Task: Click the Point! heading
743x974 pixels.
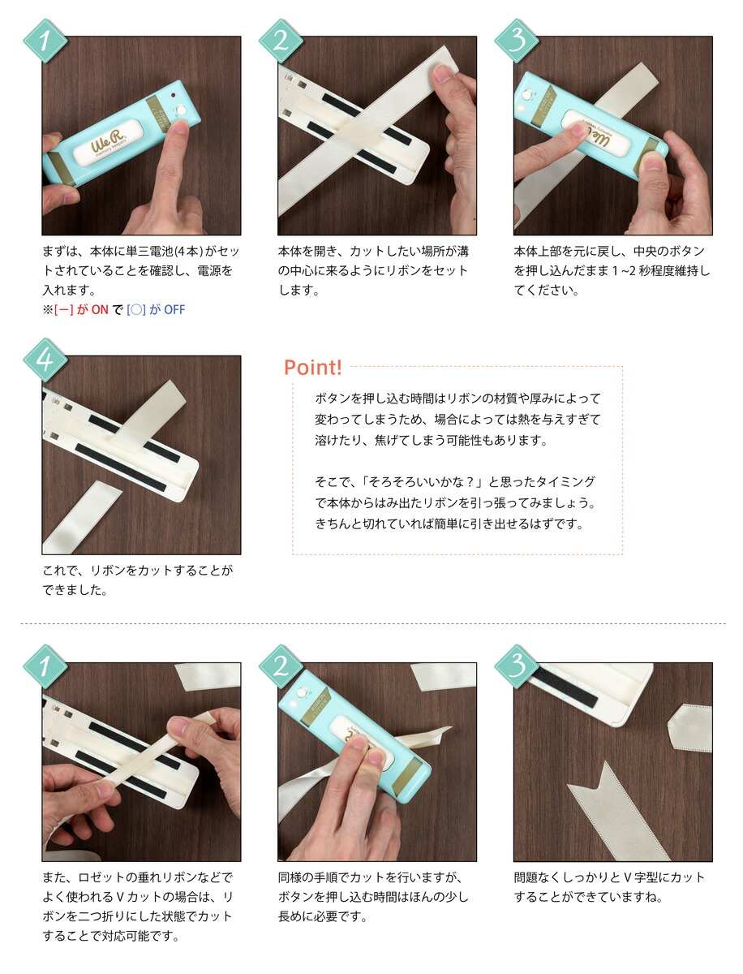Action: pos(312,368)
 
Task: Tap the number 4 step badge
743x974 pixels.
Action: pos(45,359)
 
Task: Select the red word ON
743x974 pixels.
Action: pos(100,310)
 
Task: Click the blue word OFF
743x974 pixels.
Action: pos(174,310)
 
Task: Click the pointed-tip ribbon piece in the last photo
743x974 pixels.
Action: pos(689,727)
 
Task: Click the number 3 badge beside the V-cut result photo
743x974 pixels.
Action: pos(516,666)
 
